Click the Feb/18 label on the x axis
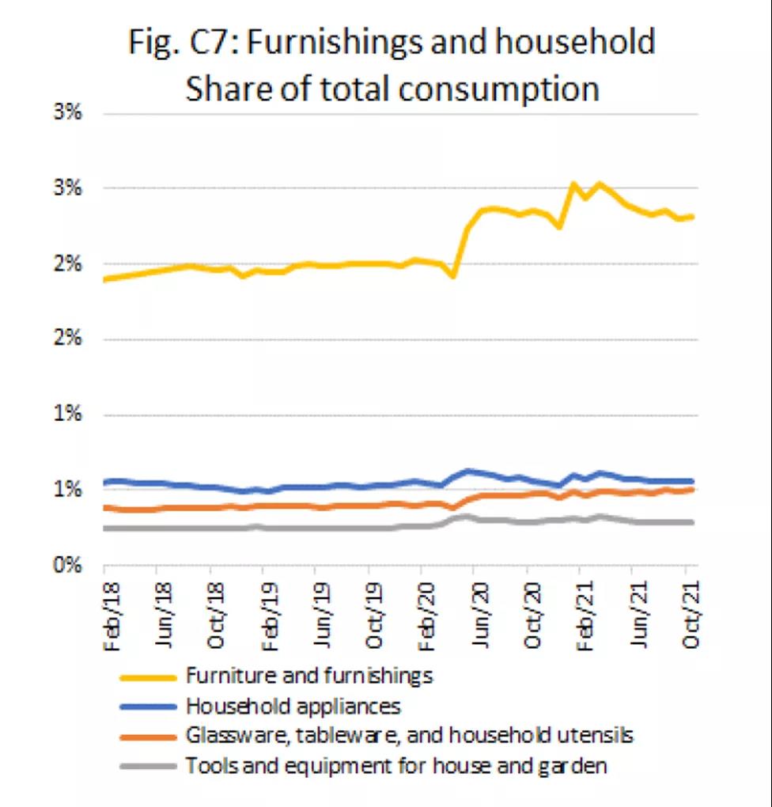click(x=110, y=614)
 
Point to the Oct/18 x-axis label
click(x=216, y=614)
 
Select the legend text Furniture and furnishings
click(x=309, y=676)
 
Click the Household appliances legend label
click(x=293, y=706)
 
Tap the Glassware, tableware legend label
click(x=409, y=735)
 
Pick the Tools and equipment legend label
click(x=395, y=765)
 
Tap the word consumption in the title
click(x=498, y=89)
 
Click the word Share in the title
click(x=225, y=88)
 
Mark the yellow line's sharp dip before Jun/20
click(x=453, y=276)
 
